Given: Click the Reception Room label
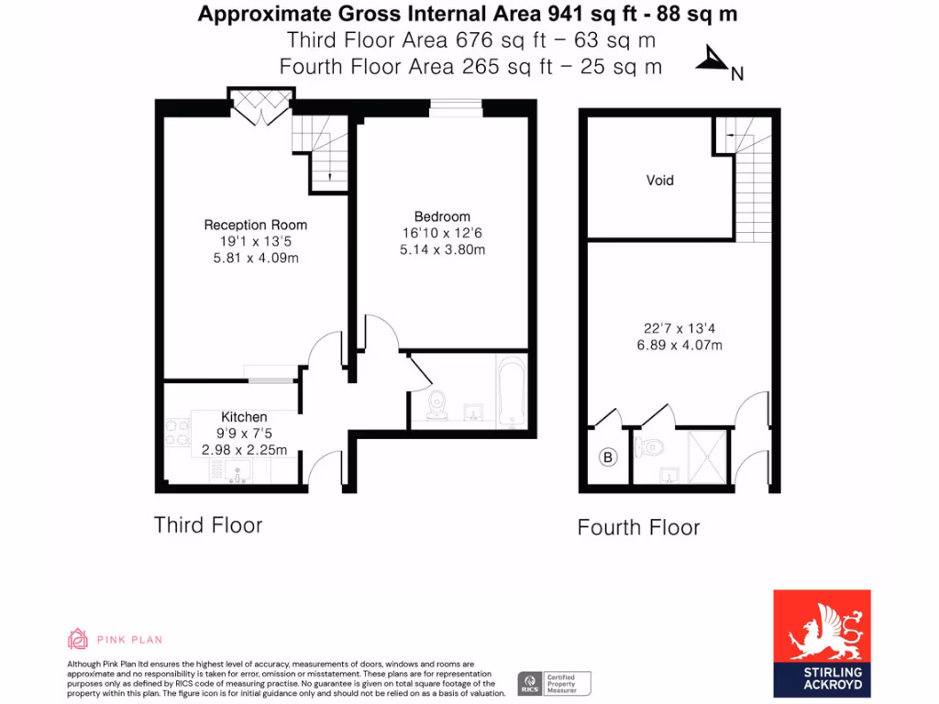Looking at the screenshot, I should (255, 225).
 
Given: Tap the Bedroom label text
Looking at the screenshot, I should (442, 216).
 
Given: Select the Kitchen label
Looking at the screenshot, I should (244, 417).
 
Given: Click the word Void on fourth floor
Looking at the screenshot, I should (659, 181).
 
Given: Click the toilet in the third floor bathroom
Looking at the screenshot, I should (436, 402).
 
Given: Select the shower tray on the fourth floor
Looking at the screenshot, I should (709, 456).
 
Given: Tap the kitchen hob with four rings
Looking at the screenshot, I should (176, 432).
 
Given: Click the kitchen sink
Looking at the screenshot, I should (238, 472).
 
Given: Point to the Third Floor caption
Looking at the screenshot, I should (208, 525).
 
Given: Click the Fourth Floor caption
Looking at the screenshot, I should (638, 528).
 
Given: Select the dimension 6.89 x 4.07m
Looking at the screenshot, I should (679, 346).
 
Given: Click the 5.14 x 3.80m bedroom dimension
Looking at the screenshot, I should (442, 248).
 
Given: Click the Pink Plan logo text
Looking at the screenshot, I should (115, 639).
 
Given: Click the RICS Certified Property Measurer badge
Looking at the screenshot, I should (554, 683).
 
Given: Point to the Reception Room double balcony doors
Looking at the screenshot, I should (261, 105).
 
